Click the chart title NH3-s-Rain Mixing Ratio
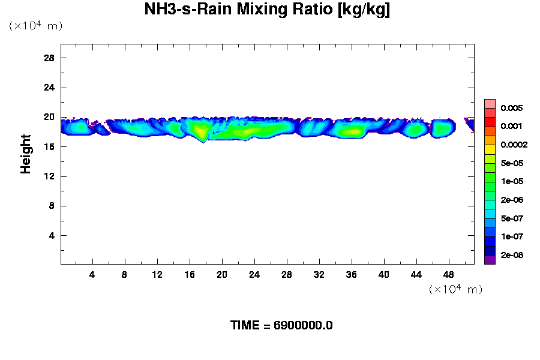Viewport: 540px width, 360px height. click(268, 10)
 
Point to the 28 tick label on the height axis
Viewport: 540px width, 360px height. click(49, 58)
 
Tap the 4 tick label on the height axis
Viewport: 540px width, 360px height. click(52, 235)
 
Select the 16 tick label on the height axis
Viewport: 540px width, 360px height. click(49, 146)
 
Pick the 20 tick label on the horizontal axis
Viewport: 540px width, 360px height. click(222, 275)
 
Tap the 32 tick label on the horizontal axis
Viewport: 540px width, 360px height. click(319, 275)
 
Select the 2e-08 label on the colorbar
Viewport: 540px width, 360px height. click(513, 255)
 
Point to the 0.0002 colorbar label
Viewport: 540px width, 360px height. click(514, 145)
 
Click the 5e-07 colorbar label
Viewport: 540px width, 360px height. click(513, 218)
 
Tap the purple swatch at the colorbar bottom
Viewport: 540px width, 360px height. click(490, 260)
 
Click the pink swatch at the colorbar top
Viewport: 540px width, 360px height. click(490, 103)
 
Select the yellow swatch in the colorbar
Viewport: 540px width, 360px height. click(490, 149)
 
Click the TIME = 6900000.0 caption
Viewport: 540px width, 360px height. click(281, 326)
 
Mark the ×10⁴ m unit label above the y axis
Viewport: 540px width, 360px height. click(36, 26)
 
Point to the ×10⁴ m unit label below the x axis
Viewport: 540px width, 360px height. click(456, 289)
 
